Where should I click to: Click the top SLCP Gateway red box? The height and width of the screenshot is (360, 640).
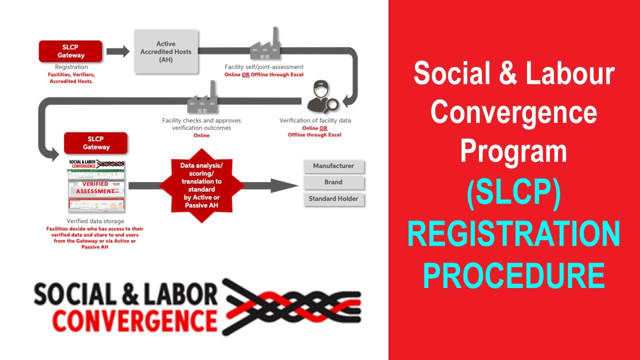tap(70, 51)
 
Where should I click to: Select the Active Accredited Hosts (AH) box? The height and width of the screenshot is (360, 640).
tap(166, 51)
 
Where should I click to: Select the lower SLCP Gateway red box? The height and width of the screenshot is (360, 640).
tap(95, 143)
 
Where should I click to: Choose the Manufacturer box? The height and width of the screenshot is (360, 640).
tap(333, 166)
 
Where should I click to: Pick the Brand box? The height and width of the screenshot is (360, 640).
tap(333, 182)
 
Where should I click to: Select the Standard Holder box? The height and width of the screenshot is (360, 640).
tap(333, 199)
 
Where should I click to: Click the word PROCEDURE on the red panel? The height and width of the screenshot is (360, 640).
tap(513, 275)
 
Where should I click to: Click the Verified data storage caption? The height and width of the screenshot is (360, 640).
tap(95, 221)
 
